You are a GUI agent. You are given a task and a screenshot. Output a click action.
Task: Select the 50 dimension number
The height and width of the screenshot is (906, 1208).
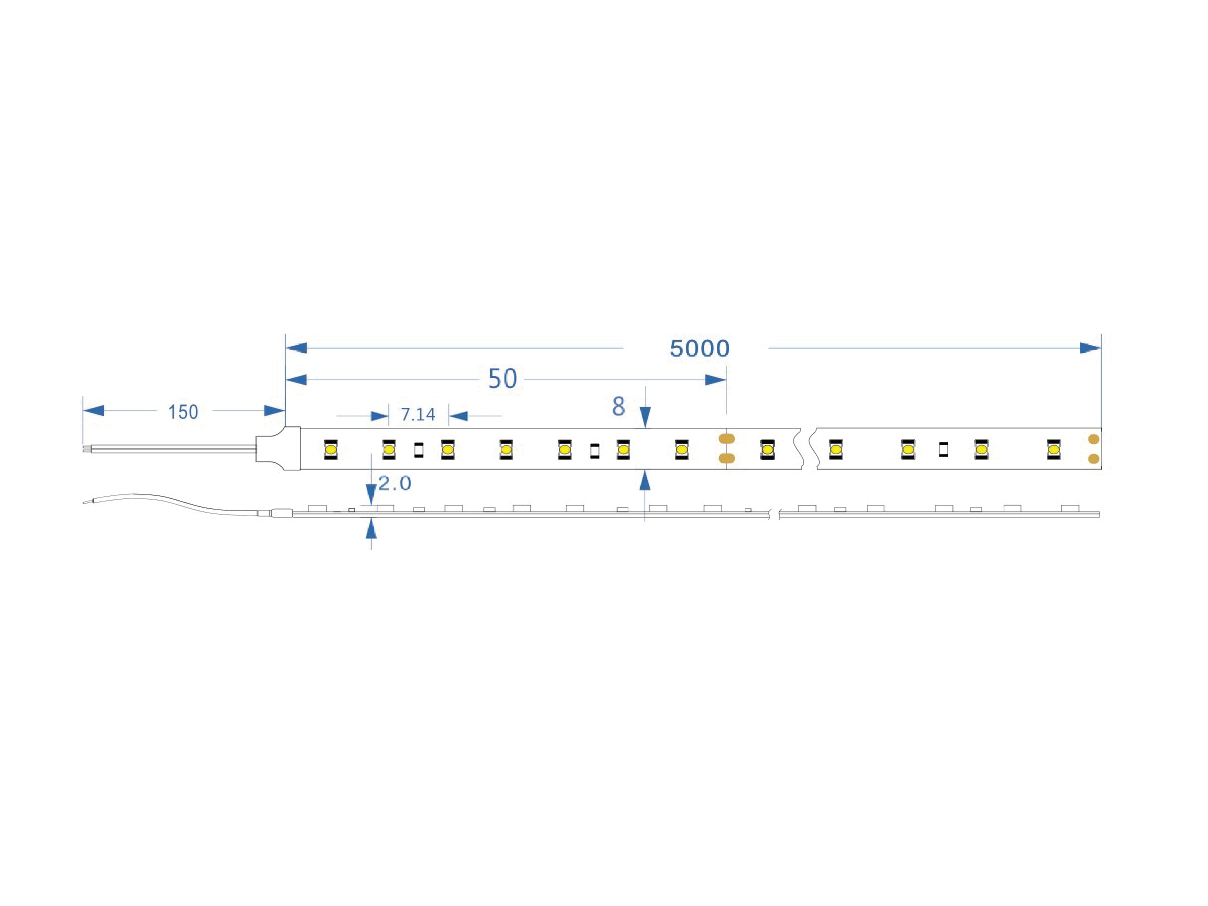pyautogui.click(x=502, y=379)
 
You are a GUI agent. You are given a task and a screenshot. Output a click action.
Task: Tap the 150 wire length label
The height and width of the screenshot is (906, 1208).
pyautogui.click(x=183, y=412)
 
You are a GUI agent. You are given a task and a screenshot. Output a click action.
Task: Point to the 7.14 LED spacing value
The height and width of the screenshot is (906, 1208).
pyautogui.click(x=418, y=415)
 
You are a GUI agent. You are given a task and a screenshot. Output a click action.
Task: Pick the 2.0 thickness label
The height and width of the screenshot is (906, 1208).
pyautogui.click(x=395, y=483)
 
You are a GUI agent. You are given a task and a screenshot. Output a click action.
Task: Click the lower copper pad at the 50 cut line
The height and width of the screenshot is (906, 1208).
pyautogui.click(x=726, y=458)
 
